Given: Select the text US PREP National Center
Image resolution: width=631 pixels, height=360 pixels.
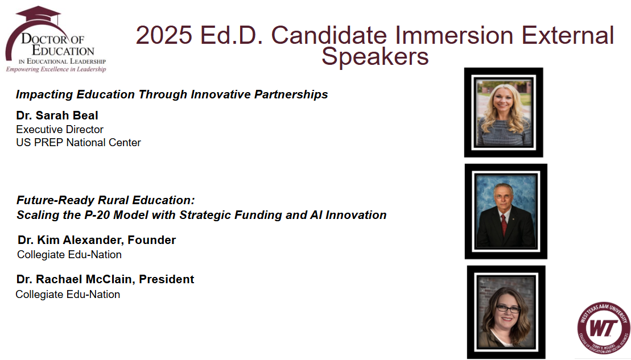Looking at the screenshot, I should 79,142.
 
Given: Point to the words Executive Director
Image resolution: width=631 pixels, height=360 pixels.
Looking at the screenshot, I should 60,130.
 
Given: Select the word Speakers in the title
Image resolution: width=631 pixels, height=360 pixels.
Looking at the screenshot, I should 375,57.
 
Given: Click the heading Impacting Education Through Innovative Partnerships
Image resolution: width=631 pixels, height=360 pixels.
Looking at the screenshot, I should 172,94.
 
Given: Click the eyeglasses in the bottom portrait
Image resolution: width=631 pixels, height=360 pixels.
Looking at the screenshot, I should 508,309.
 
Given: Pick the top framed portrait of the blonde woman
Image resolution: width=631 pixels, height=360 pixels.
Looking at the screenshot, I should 504,113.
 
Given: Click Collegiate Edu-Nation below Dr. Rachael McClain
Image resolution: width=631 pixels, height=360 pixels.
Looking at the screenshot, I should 68,295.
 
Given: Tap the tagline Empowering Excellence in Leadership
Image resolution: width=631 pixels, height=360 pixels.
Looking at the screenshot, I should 56,69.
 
